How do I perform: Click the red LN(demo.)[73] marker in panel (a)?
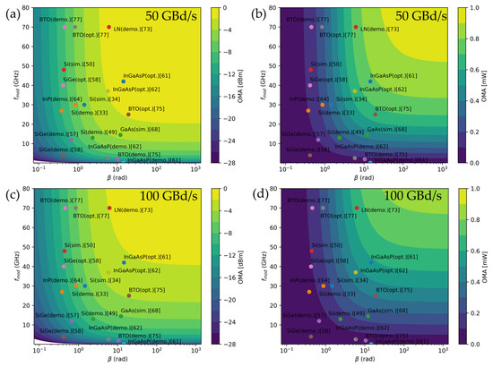pyautogui.click(x=108, y=28)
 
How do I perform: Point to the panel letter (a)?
pyautogui.click(x=12, y=13)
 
